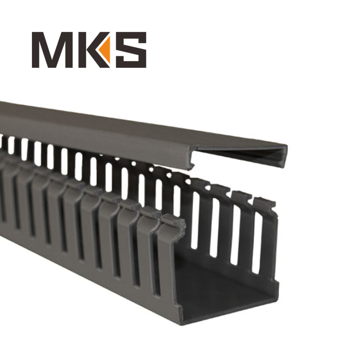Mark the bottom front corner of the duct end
point(179,320)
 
